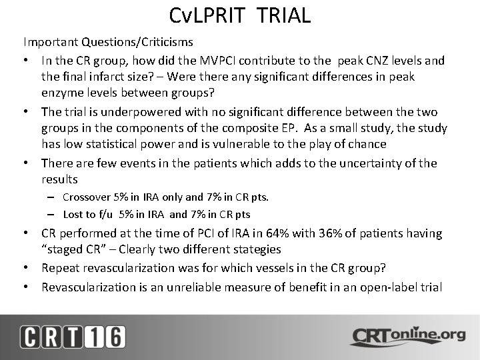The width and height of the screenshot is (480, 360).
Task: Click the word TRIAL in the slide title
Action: [279, 15]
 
